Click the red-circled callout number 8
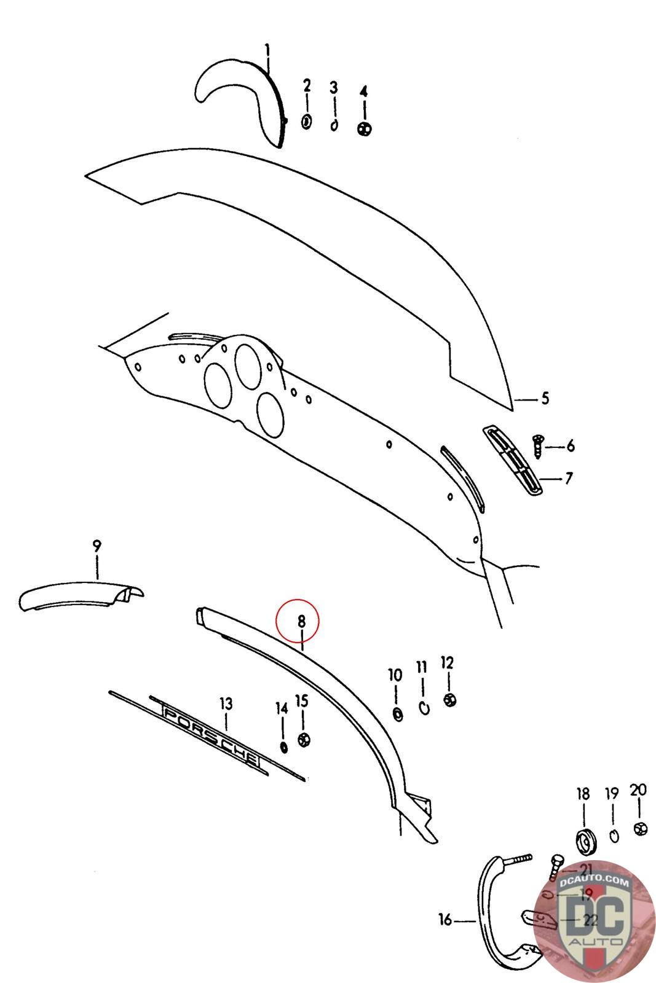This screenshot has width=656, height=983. coord(301,621)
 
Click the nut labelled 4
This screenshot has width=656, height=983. coord(365,128)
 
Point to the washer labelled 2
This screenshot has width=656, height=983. coord(307,121)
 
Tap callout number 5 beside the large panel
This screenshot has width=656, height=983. coord(545,399)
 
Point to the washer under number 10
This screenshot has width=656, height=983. coord(397,714)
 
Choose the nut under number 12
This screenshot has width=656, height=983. coord(449,700)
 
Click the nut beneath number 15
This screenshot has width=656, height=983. coord(302,738)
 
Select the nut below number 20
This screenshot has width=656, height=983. coord(639,828)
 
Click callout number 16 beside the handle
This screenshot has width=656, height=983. coord(445,920)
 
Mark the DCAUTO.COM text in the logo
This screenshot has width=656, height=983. coord(595,883)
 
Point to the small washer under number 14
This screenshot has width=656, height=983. coord(283,746)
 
